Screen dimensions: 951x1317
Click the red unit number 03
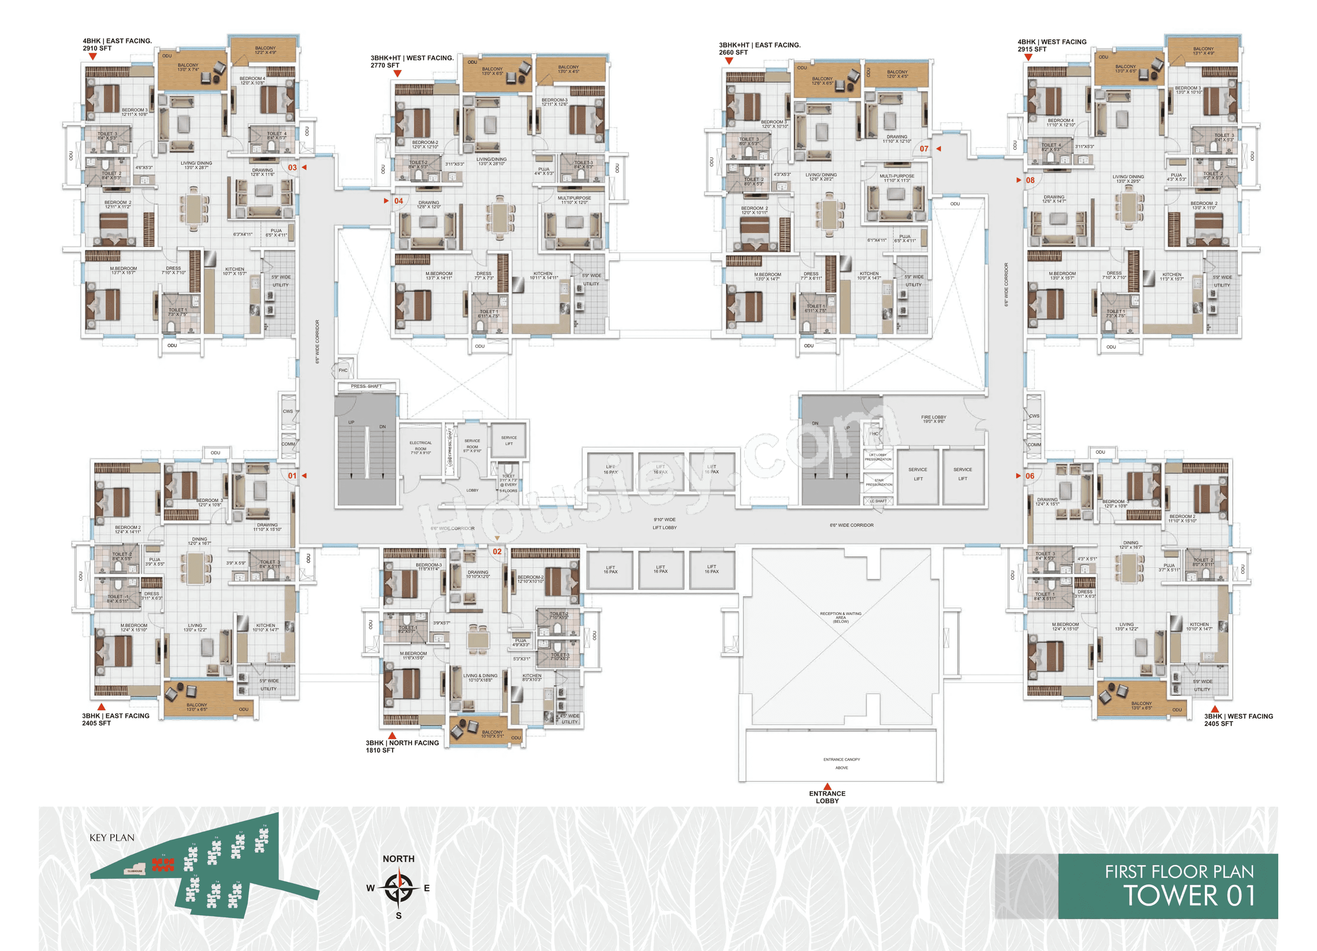tap(292, 167)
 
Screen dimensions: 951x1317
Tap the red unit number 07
tap(924, 148)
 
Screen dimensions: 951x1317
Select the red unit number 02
tap(497, 551)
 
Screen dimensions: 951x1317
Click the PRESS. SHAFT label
tap(366, 386)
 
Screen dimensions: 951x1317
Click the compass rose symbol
tap(399, 888)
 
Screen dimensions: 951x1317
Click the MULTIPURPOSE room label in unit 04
tap(574, 200)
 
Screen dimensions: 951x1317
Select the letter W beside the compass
tap(370, 888)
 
